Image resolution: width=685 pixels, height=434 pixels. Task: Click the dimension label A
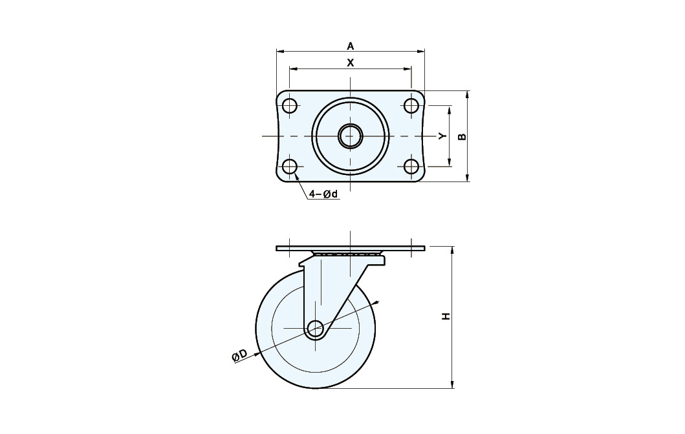pos(351,46)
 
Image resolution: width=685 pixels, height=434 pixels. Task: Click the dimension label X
pos(351,63)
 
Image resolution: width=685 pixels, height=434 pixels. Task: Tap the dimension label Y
pos(443,136)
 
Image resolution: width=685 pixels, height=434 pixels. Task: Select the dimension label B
pos(462,136)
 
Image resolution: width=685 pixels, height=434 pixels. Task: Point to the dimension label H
pos(446,316)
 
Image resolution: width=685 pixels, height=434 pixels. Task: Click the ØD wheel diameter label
pos(239,355)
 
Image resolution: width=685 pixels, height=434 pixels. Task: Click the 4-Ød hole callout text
pos(323,194)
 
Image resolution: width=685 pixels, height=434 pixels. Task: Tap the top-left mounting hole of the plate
pos(289,105)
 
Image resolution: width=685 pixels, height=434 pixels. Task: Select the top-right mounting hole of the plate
pos(411,105)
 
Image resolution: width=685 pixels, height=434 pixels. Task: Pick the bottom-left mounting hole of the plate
pos(289,167)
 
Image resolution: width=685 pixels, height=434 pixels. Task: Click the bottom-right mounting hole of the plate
pos(411,167)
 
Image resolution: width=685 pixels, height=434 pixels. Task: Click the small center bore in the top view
pos(350,136)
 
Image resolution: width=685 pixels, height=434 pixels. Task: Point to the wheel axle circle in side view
pos(315,328)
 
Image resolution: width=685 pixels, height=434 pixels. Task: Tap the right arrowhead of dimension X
pos(408,68)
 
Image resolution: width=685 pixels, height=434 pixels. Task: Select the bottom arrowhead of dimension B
pos(468,177)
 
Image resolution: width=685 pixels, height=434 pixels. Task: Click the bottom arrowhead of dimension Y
pos(450,163)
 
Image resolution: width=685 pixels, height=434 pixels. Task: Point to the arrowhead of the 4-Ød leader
pos(296,176)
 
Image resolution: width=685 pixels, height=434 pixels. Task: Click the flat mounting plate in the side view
pos(351,249)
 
